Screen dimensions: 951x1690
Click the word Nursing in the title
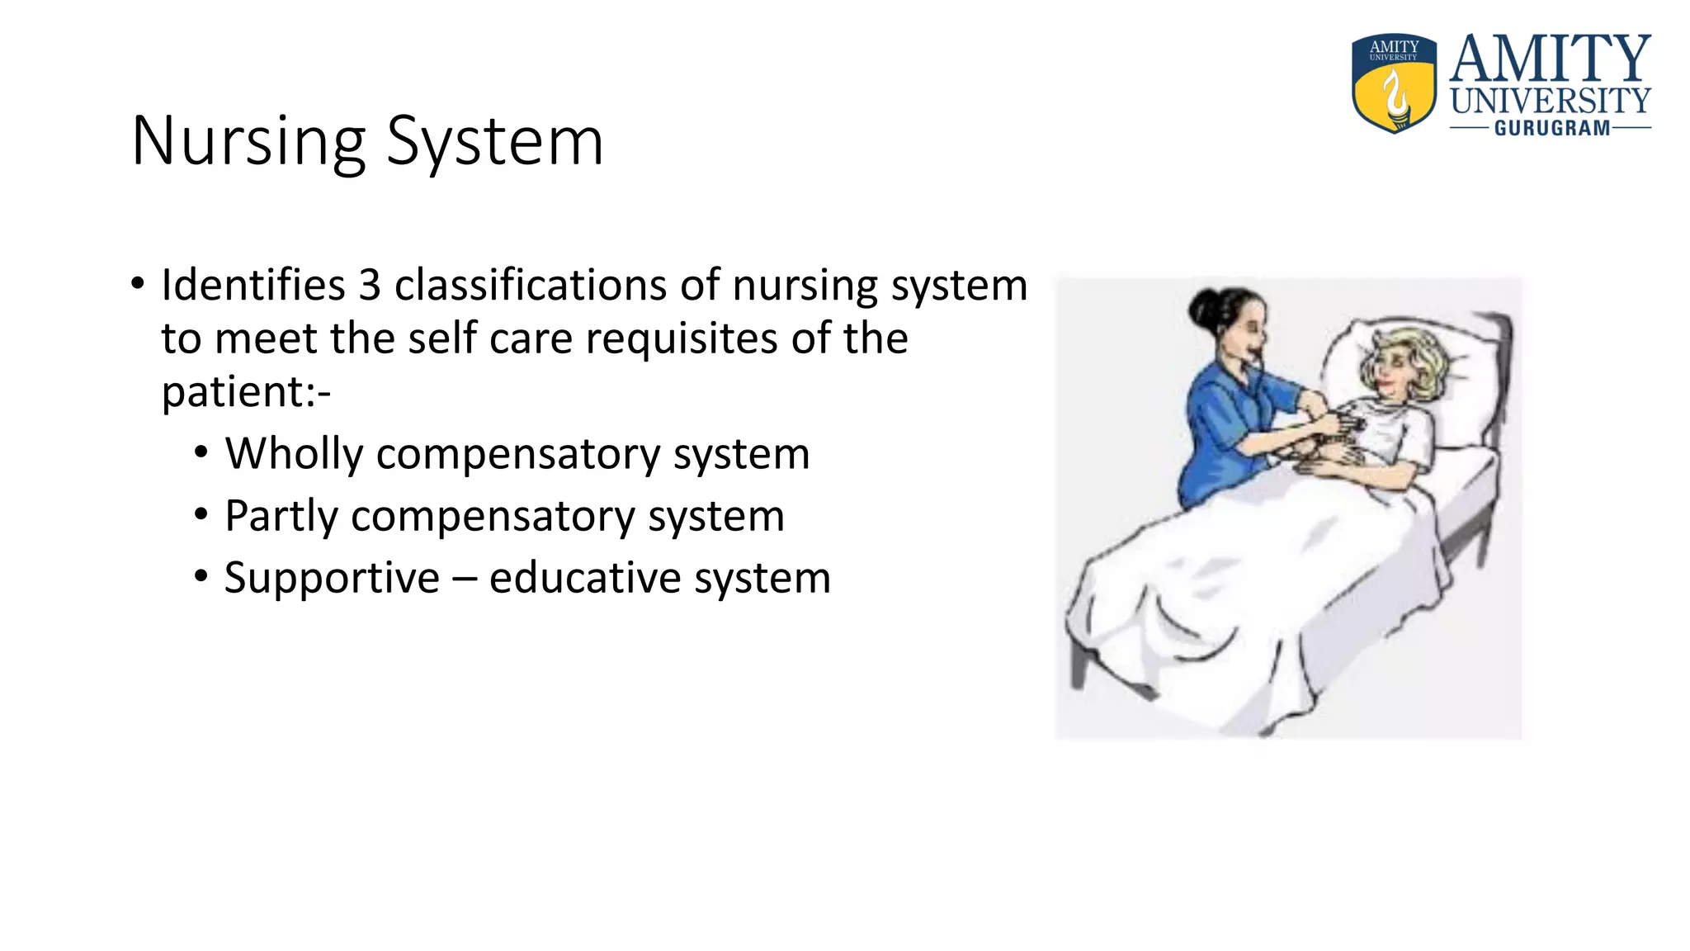248,142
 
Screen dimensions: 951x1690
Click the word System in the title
495,142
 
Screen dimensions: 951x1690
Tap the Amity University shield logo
1394,83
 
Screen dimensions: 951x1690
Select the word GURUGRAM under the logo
1551,129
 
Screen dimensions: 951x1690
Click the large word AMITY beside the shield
1550,59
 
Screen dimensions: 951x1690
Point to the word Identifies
253,286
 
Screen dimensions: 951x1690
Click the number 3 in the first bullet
370,286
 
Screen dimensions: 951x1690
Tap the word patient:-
246,391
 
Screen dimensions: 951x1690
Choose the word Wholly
294,454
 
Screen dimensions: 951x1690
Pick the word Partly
281,516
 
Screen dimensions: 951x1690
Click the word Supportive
332,577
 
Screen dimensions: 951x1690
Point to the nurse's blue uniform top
1221,429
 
